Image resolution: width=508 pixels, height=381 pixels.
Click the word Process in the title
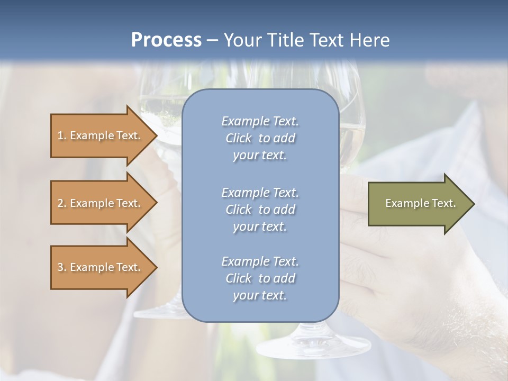[166, 40]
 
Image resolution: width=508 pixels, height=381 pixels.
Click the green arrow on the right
[418, 203]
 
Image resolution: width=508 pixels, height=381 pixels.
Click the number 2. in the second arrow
[62, 203]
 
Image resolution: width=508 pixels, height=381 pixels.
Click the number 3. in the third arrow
[62, 267]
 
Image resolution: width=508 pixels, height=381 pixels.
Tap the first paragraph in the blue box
[260, 138]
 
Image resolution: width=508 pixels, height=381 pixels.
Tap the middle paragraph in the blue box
[260, 210]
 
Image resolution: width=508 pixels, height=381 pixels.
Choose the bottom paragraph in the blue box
[260, 278]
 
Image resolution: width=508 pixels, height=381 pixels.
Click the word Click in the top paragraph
[239, 138]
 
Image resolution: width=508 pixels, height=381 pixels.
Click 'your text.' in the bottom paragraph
[260, 295]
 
